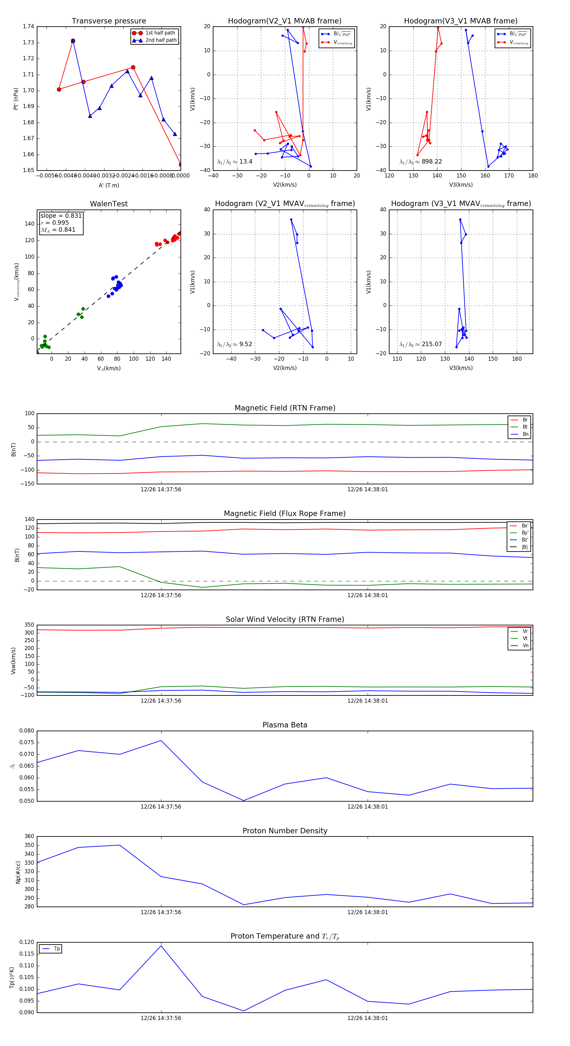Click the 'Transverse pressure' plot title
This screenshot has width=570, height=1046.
(x=109, y=21)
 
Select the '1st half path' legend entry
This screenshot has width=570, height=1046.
(x=160, y=33)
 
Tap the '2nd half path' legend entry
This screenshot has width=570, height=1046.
(x=161, y=40)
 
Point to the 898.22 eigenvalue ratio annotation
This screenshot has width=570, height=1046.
(x=431, y=162)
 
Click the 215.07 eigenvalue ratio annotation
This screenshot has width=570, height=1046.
(x=431, y=344)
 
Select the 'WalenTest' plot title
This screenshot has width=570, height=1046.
(x=109, y=204)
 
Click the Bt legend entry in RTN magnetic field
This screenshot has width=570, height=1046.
(x=525, y=427)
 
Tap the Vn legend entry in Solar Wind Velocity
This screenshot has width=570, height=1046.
(x=525, y=646)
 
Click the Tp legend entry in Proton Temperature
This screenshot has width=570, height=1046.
(x=56, y=949)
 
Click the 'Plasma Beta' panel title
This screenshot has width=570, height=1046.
(x=285, y=725)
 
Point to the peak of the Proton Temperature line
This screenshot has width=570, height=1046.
(x=161, y=946)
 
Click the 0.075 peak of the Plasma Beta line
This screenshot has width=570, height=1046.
(x=161, y=741)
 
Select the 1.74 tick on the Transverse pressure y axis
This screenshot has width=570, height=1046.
(x=28, y=27)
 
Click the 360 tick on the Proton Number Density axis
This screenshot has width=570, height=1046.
(x=29, y=836)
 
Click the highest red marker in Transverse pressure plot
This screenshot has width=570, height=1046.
(x=73, y=41)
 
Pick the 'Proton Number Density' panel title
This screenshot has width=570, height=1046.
(x=285, y=831)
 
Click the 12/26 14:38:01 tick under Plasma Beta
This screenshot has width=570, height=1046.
(x=368, y=807)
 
